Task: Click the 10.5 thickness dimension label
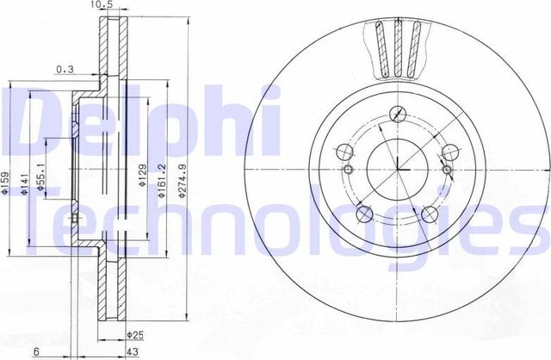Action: pos(102,6)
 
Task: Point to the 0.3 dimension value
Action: pos(64,68)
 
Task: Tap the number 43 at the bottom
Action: pos(133,351)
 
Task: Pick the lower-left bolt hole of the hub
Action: pos(362,215)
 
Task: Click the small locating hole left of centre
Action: pos(348,170)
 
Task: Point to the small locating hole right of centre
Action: pos(447,170)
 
